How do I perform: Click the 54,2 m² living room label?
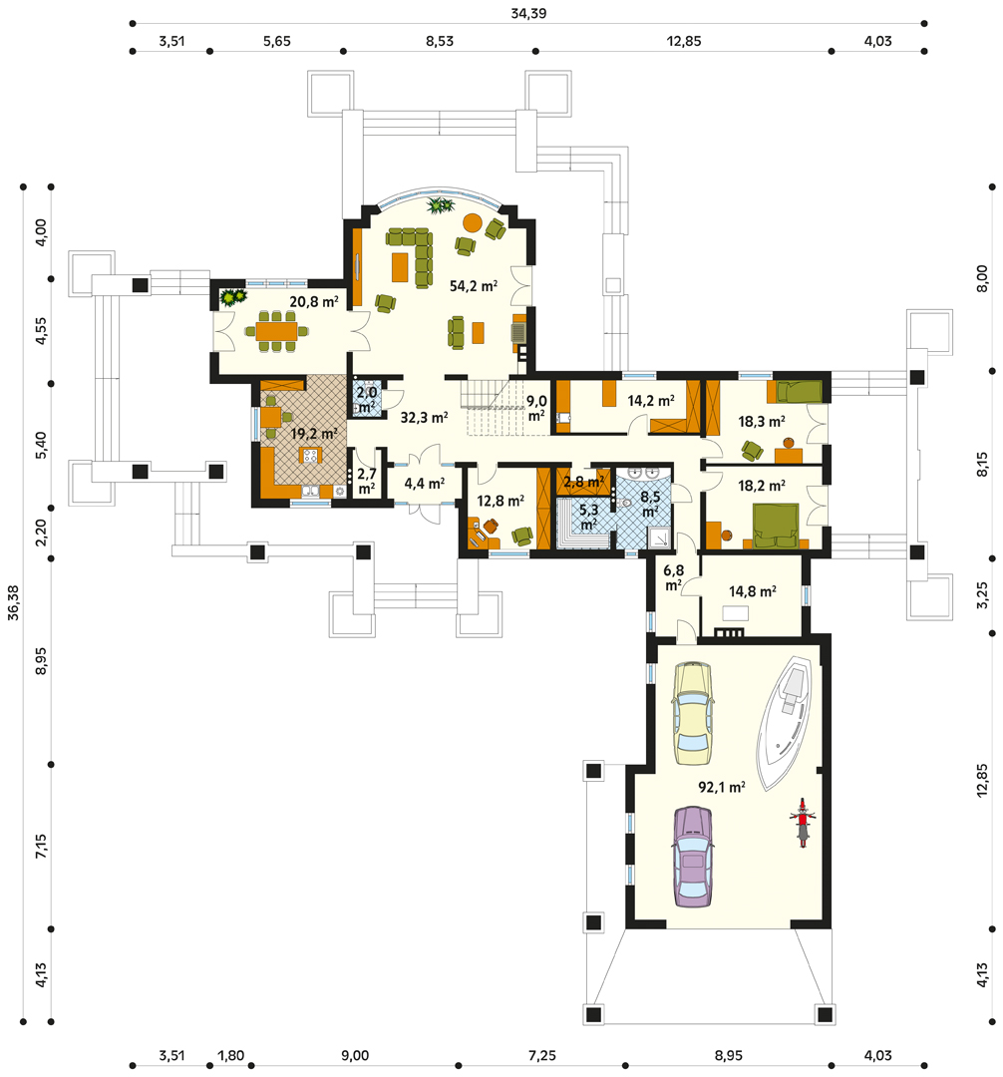(x=473, y=286)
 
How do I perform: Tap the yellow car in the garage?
(x=693, y=713)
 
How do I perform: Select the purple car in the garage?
(x=693, y=857)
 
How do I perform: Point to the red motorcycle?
(x=802, y=822)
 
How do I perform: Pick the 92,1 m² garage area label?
(x=722, y=787)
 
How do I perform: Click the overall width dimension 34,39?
(x=528, y=13)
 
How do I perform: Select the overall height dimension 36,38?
(x=13, y=602)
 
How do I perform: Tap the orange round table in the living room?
(x=473, y=222)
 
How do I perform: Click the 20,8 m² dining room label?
(x=314, y=301)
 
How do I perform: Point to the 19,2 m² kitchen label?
(x=314, y=434)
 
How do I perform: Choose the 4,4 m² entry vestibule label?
(x=425, y=484)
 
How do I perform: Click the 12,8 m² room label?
(x=501, y=502)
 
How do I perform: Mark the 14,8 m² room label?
(x=753, y=591)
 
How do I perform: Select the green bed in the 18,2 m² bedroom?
(x=776, y=527)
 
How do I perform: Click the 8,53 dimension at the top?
(x=440, y=41)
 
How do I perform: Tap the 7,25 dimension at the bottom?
(x=542, y=1056)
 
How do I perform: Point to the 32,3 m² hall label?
(x=425, y=417)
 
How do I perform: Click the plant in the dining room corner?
(x=232, y=297)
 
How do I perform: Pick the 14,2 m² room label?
(x=651, y=400)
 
